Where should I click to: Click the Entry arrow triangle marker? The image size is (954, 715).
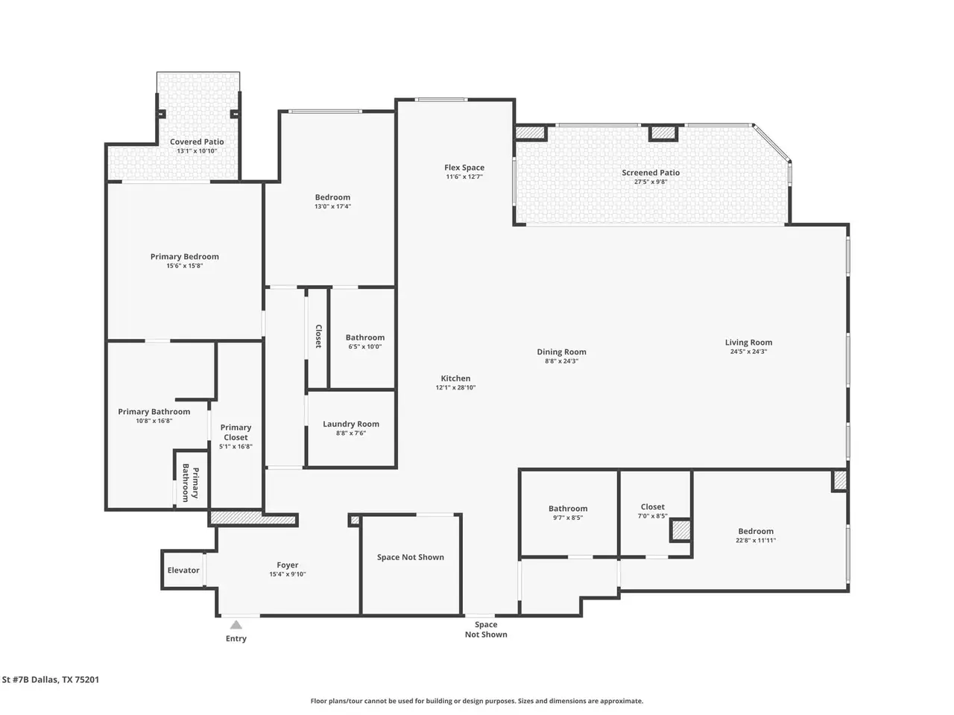pos(236,625)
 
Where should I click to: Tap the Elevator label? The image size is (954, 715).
pos(183,570)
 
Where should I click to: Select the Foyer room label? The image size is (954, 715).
pos(287,565)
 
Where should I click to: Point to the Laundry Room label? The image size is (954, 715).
pos(351,424)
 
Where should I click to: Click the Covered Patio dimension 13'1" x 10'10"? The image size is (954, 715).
pos(197,151)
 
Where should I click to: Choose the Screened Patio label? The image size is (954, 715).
pos(651,172)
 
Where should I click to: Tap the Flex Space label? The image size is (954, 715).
pos(464,168)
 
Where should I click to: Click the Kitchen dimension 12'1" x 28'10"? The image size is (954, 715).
pos(455,388)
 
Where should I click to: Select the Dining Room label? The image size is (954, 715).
pos(561,352)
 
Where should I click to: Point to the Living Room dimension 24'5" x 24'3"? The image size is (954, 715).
pos(748,352)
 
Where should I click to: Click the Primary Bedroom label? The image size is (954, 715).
pos(185,256)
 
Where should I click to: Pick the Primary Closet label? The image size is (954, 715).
pos(236,433)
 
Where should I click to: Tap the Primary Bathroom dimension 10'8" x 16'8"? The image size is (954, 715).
pos(154,421)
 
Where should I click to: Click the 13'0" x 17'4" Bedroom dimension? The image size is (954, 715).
pos(332,206)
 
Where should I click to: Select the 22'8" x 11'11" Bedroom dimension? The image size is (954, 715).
pos(756,541)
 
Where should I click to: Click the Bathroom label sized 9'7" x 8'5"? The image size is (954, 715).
pos(568,509)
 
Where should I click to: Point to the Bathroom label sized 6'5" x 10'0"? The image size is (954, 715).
pos(364,337)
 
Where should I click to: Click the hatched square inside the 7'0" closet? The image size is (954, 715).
pos(680,530)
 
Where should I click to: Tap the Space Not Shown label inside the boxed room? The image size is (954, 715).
pos(410,557)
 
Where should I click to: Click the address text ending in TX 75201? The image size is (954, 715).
pos(51,679)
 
